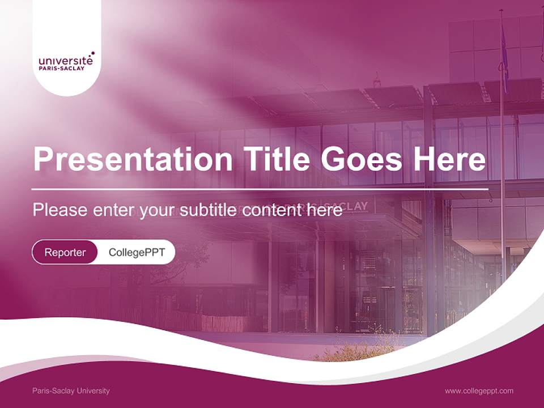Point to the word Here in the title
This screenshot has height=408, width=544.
(x=449, y=159)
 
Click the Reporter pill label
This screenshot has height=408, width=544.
(x=65, y=252)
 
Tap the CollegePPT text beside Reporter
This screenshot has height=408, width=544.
(x=137, y=252)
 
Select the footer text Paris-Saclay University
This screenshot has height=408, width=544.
(x=71, y=391)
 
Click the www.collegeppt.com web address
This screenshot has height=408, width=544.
(x=479, y=391)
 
